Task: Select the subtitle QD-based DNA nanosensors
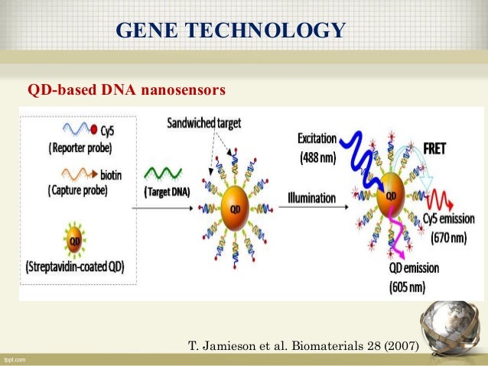coord(126,91)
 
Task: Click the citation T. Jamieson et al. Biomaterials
coord(303,346)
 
